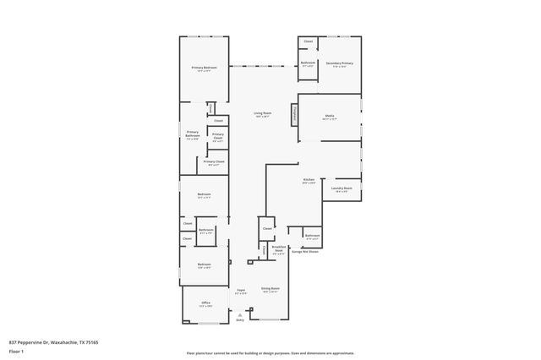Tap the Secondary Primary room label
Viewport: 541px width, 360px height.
tap(339, 63)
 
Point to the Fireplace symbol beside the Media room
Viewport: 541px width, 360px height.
tap(295, 113)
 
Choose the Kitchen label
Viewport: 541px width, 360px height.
tap(309, 179)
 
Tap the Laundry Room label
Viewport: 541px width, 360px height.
tap(342, 188)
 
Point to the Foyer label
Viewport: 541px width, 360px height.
tap(240, 290)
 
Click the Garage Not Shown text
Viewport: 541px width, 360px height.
tap(304, 251)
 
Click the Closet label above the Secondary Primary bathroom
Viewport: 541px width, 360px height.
tap(308, 41)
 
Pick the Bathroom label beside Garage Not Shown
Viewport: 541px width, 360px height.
tap(312, 235)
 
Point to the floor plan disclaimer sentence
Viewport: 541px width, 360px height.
tap(270, 352)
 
